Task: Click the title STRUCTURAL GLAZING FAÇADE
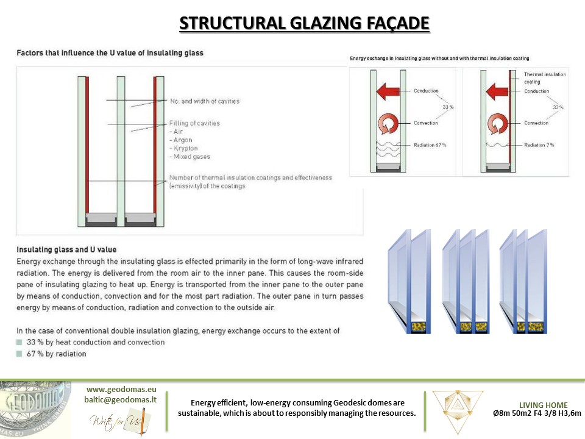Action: pos(304,24)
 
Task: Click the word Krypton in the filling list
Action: pos(183,148)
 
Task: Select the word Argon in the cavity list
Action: pos(182,140)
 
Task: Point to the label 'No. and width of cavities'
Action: pos(205,101)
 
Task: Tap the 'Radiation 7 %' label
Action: pos(544,145)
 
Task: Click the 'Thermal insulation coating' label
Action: pos(544,77)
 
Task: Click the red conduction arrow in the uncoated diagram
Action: pos(387,92)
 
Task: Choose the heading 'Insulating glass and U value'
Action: pos(66,249)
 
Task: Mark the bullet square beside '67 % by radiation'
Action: pos(19,354)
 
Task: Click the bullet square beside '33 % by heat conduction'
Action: pos(19,342)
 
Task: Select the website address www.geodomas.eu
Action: pos(121,388)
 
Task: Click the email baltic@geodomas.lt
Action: pos(121,399)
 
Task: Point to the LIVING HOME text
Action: pos(543,405)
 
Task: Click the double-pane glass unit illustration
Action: pos(409,282)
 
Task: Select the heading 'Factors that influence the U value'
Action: pos(110,53)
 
